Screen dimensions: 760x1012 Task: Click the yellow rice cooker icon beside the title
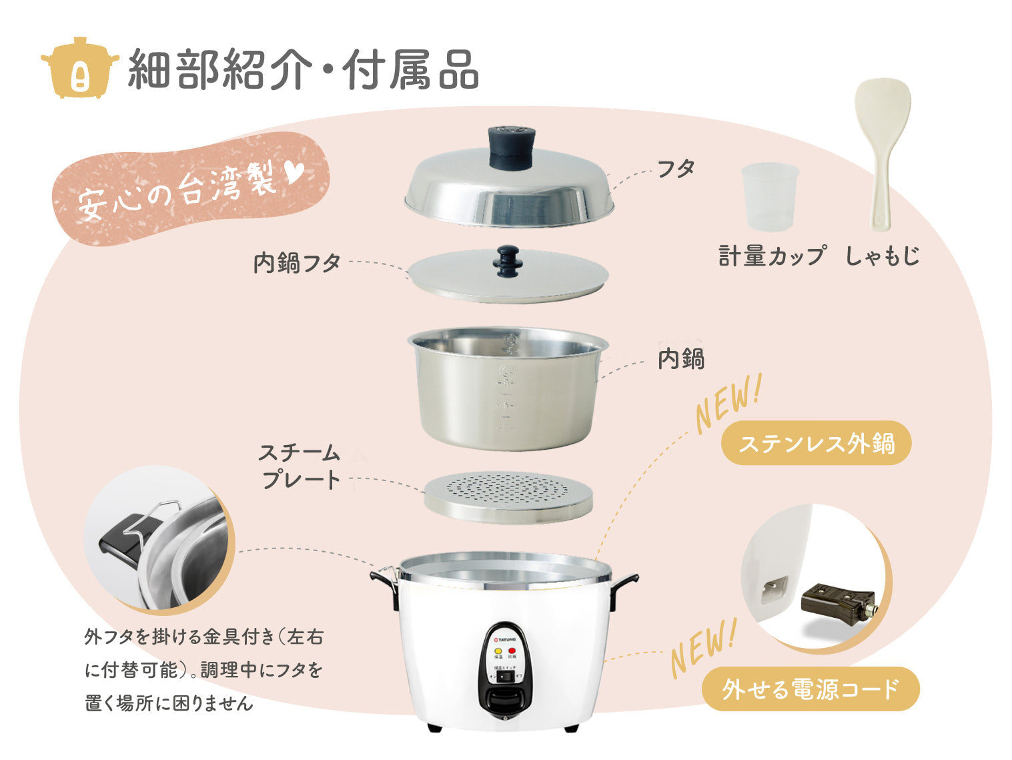[79, 67]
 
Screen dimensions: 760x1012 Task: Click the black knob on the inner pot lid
[508, 260]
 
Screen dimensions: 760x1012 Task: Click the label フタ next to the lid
[676, 169]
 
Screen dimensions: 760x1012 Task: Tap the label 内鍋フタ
[297, 263]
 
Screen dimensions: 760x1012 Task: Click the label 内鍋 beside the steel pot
[680, 359]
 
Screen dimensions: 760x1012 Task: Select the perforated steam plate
[508, 497]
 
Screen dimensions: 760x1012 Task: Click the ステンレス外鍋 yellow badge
[816, 443]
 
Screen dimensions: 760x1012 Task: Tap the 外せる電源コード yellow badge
[810, 689]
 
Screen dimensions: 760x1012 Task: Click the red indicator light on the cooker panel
[512, 650]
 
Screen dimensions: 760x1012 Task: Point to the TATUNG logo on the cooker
[505, 639]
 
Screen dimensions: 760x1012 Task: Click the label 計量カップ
[772, 256]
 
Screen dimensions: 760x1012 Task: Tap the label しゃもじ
[882, 256]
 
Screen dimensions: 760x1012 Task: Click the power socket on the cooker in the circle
[774, 589]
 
